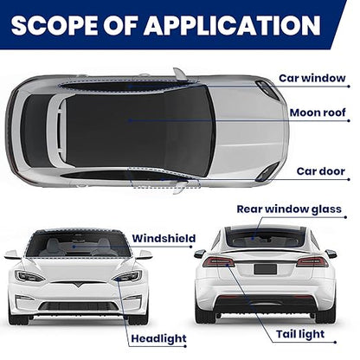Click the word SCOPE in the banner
54,25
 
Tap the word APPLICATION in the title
232,25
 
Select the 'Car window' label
312,78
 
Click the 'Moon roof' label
318,112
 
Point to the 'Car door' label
321,171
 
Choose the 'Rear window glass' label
289,209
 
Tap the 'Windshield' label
164,239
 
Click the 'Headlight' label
158,338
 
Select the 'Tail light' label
300,334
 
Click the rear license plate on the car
265,269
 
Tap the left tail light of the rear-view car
219,262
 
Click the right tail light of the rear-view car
312,262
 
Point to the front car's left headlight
29,276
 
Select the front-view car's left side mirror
12,254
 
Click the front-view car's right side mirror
145,254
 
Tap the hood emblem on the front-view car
77,285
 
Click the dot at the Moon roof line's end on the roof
130,120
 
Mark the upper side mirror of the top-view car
180,74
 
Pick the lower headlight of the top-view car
267,172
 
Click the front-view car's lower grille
78,306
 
